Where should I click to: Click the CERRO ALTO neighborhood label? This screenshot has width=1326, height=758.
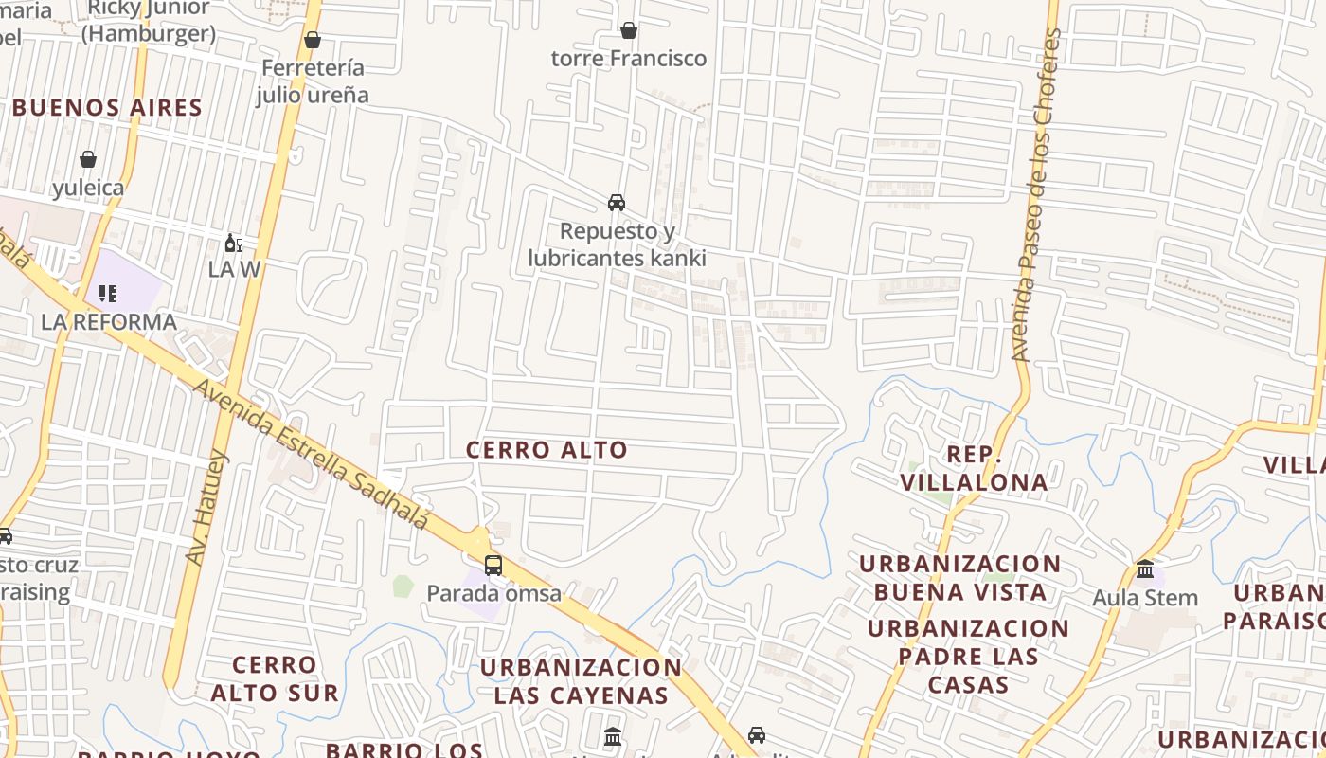click(547, 450)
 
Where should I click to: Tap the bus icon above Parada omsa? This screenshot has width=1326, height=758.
click(493, 566)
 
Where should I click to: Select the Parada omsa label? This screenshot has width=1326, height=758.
click(493, 594)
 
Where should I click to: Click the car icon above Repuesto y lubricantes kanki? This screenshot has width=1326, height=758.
click(617, 203)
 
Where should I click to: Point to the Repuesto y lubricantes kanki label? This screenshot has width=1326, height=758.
click(617, 244)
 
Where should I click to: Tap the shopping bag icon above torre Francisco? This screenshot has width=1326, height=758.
click(629, 31)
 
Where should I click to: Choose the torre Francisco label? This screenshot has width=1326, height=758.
click(629, 59)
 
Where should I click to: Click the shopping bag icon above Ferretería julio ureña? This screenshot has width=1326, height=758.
click(313, 40)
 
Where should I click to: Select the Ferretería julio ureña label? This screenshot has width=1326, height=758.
click(313, 81)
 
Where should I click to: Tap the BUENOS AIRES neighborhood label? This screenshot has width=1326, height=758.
click(108, 108)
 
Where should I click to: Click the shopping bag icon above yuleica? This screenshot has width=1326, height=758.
click(88, 159)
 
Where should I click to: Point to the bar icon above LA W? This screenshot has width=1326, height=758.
click(233, 244)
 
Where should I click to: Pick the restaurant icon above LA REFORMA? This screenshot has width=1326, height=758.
click(108, 293)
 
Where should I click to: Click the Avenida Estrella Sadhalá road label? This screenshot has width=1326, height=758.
click(312, 454)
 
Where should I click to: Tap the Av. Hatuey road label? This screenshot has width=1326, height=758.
click(207, 508)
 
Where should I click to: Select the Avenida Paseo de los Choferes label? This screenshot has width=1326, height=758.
click(1033, 194)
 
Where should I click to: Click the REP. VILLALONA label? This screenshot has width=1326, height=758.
click(974, 468)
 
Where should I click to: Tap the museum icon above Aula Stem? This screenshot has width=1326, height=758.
click(1145, 569)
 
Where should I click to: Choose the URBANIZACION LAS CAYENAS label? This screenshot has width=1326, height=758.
click(581, 680)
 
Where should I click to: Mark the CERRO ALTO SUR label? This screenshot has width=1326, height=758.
click(275, 678)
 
